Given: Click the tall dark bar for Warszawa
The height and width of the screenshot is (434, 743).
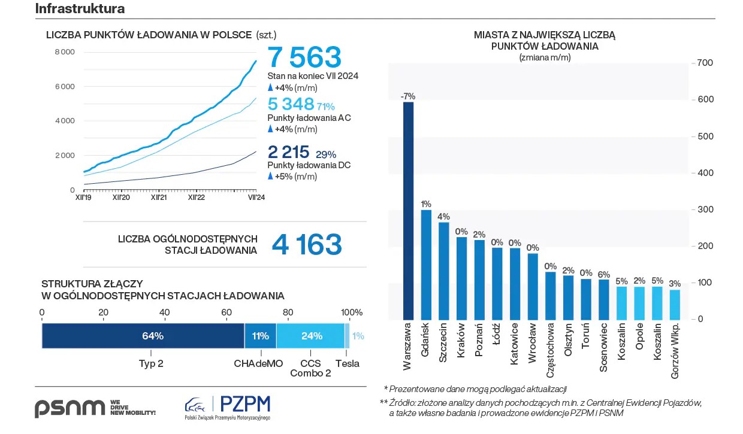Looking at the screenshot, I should [408, 210].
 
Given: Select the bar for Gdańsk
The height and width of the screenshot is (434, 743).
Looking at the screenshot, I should [426, 264].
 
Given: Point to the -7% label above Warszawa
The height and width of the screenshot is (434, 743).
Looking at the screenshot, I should [408, 96].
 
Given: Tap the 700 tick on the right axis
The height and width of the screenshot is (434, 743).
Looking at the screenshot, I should [704, 63].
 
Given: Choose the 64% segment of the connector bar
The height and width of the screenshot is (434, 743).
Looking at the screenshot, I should [143, 336].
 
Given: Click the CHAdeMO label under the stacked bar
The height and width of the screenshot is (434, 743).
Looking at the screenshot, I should [258, 363].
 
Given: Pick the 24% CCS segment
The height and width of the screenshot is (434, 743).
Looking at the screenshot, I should [310, 336].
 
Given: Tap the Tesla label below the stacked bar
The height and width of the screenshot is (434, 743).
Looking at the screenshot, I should [348, 363].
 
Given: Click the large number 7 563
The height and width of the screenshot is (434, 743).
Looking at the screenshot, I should [304, 57].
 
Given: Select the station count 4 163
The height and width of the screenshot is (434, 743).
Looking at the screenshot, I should [307, 245].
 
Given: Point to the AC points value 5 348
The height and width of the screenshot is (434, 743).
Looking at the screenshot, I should [291, 104].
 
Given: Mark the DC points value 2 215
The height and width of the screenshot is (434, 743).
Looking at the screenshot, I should [288, 151].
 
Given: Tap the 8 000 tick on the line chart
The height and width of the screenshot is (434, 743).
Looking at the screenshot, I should [65, 52].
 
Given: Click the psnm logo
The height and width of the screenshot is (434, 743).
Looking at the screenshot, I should [70, 408].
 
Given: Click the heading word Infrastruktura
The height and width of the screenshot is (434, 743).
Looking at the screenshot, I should [80, 8].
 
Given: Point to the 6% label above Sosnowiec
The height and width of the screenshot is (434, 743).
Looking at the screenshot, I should [603, 274].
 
